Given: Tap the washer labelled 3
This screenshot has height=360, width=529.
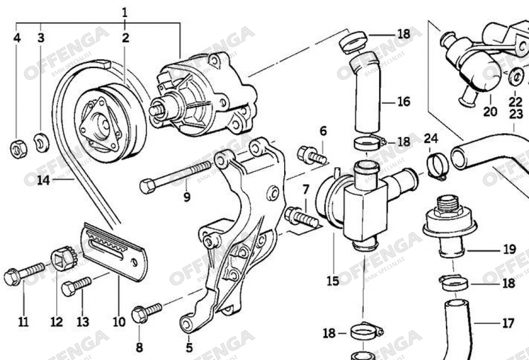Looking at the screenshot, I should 41,143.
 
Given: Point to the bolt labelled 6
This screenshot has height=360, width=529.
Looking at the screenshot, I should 311,155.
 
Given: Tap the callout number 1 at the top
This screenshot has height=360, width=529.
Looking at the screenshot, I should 125,12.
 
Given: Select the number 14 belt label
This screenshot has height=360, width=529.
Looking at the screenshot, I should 43,180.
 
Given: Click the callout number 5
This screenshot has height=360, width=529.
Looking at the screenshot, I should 189,347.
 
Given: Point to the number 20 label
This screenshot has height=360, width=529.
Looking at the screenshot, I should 490,111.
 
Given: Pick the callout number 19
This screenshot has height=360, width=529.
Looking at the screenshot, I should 509,249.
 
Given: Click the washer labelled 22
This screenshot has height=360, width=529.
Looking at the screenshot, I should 515,77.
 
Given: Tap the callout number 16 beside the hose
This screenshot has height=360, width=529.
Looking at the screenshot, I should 404,101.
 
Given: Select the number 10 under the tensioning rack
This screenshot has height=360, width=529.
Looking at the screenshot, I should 119,322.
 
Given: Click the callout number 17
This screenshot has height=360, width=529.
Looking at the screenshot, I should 508,323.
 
